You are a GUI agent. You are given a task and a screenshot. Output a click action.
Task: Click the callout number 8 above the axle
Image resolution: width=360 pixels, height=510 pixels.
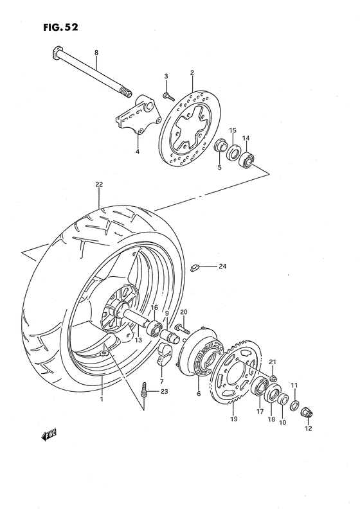coord(96,52)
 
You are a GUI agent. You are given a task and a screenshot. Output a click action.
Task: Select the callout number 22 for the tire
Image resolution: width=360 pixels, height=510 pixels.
coord(99,185)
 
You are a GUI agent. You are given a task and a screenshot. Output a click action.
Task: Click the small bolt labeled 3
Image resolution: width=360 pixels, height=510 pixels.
coord(167,95)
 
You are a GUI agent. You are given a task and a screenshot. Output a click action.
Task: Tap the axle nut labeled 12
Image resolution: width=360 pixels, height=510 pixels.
coord(307,411)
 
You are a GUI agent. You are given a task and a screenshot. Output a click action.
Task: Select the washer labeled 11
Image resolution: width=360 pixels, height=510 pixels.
coord(294,406)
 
